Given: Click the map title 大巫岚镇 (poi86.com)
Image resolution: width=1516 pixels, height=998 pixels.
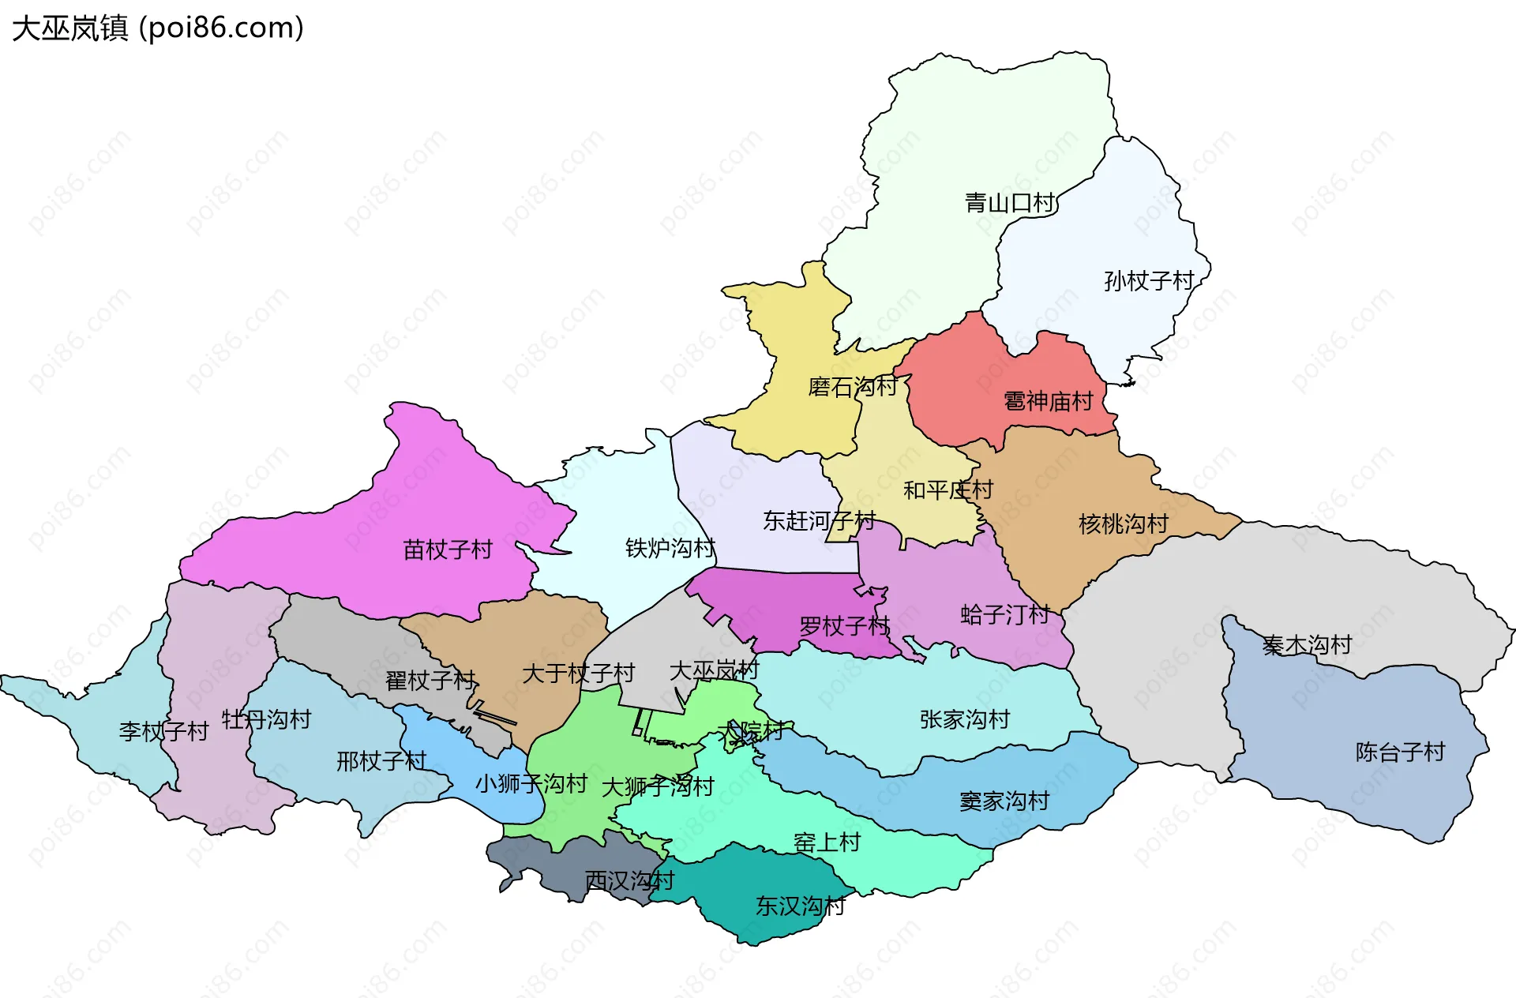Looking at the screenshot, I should pos(158,28).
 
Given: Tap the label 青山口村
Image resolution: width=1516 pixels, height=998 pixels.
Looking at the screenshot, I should pos(1010,203).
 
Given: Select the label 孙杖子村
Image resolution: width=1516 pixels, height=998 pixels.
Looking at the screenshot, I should pos(1149,280).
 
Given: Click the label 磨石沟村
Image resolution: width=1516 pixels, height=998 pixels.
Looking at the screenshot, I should pos(853,387).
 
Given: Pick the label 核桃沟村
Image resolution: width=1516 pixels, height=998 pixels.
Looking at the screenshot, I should pos(1124,523).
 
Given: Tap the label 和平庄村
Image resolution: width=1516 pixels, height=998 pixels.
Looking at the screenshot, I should pos(947,490).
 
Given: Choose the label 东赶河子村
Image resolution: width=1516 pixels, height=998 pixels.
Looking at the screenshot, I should pos(819,521).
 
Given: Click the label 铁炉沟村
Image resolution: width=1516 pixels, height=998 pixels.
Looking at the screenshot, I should pos(670,547).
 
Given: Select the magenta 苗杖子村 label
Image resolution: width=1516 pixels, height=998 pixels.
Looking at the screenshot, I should pos(448,549).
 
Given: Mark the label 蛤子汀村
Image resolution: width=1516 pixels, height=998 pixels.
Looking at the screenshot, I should pos(1004,614).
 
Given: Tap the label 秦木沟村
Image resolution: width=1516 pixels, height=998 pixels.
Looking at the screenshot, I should pos(1307,645).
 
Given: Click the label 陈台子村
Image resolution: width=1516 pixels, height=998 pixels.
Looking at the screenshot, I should pos(1400,752).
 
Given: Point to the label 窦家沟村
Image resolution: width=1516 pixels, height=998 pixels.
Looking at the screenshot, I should pos(1004,801).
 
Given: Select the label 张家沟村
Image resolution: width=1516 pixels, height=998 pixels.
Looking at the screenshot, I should pos(965,719).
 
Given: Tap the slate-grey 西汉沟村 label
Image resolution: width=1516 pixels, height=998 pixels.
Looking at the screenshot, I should pos(629,880).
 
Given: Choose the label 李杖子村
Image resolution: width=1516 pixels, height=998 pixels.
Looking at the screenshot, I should pos(163,731).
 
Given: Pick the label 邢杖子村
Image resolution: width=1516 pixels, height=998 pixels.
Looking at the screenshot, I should pos(381,761).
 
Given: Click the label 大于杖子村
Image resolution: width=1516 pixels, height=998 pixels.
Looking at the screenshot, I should pos(578,673).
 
